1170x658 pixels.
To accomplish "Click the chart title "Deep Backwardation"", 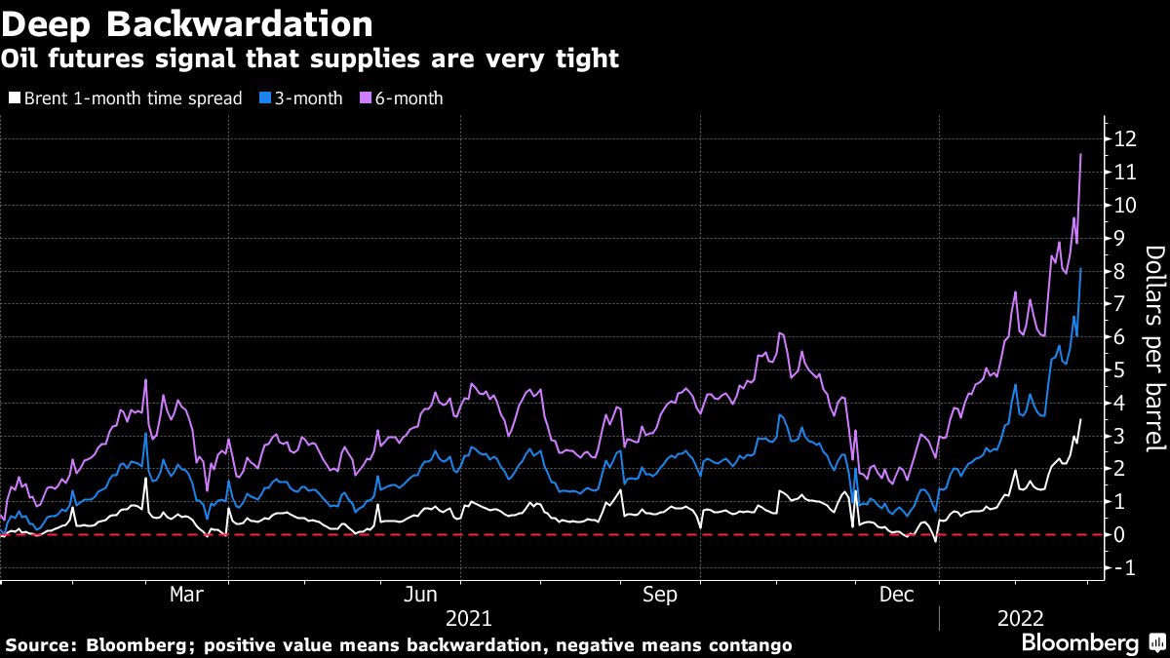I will tap(186, 22).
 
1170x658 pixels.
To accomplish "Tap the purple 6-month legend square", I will tap(366, 98).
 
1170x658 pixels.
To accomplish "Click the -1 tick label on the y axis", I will tap(1124, 567).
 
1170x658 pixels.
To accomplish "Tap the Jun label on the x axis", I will tap(420, 593).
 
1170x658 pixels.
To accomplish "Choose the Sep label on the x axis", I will tap(660, 593).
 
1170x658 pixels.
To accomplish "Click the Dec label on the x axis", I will tap(897, 593).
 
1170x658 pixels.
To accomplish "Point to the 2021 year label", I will tap(468, 618).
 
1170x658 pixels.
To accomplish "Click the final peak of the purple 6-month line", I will tap(1080, 154).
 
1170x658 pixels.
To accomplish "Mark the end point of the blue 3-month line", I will tap(1080, 268).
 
